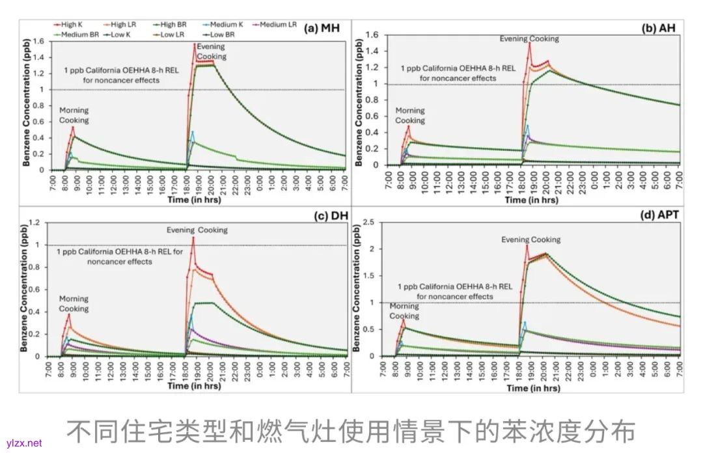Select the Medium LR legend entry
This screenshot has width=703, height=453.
[273, 24]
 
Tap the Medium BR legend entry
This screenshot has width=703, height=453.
[77, 34]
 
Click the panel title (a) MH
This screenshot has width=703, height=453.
[323, 27]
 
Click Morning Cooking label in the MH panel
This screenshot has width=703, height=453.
[74, 115]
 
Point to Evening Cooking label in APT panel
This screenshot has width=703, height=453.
[531, 240]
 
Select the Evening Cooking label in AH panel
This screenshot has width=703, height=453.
[529, 39]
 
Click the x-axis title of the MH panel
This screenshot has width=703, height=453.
[195, 200]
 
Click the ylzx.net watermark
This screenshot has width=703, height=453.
[23, 443]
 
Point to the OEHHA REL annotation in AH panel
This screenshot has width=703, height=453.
[458, 73]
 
